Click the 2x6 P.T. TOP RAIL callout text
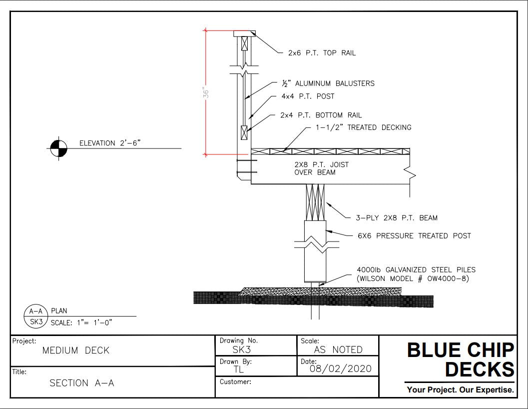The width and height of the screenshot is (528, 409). pos(322,53)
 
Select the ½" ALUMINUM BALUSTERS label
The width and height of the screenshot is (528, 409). pos(327,83)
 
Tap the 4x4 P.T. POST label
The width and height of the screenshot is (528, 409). pos(308,96)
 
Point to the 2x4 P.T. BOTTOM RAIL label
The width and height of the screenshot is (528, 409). pos(321,115)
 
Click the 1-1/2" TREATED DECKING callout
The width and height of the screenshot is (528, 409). pos(363,127)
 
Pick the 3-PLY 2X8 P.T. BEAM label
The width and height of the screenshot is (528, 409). pos(396,217)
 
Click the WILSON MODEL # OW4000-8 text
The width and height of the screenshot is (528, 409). pos(413,279)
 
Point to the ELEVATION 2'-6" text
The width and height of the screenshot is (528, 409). pos(110,143)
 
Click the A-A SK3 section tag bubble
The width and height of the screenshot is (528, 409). pos(35,316)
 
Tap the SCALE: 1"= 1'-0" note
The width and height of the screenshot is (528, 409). pos(81,321)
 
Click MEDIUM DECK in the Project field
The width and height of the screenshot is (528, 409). pos(75,350)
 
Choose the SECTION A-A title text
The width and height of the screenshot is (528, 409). pos(82,383)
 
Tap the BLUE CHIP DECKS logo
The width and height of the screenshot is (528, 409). pos(460,360)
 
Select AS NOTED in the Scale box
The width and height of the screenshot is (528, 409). pos(338,350)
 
